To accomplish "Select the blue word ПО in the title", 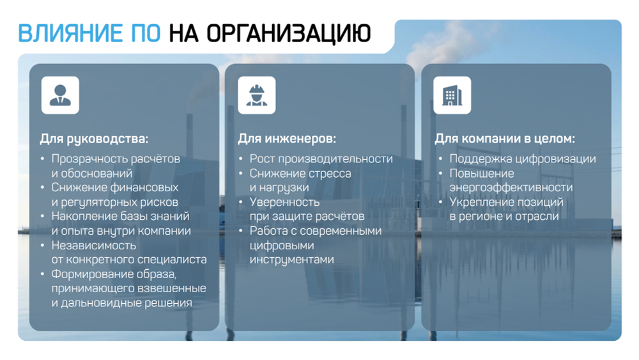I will pos(146,33).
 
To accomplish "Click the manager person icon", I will pos(60,95).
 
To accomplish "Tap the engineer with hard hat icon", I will pos(257,95).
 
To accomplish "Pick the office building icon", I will pos(452,95).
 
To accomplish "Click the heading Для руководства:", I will pos(94,138).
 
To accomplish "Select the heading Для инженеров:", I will pos(286,138).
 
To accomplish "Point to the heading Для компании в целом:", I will pos(505,138).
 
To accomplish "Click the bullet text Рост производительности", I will pos(321,159).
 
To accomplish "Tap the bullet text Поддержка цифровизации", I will pos(522,159).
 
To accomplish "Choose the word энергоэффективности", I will pos(511,187).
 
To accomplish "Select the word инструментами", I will pos(291,260).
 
